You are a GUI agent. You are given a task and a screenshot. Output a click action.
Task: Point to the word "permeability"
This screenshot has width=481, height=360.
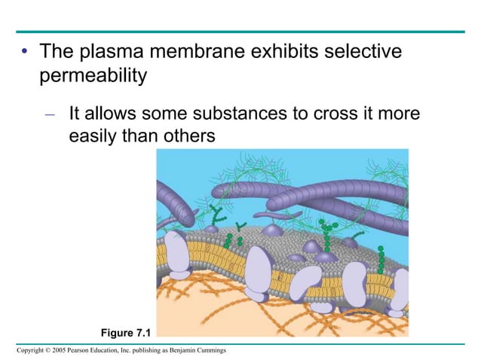[x=93, y=76]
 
